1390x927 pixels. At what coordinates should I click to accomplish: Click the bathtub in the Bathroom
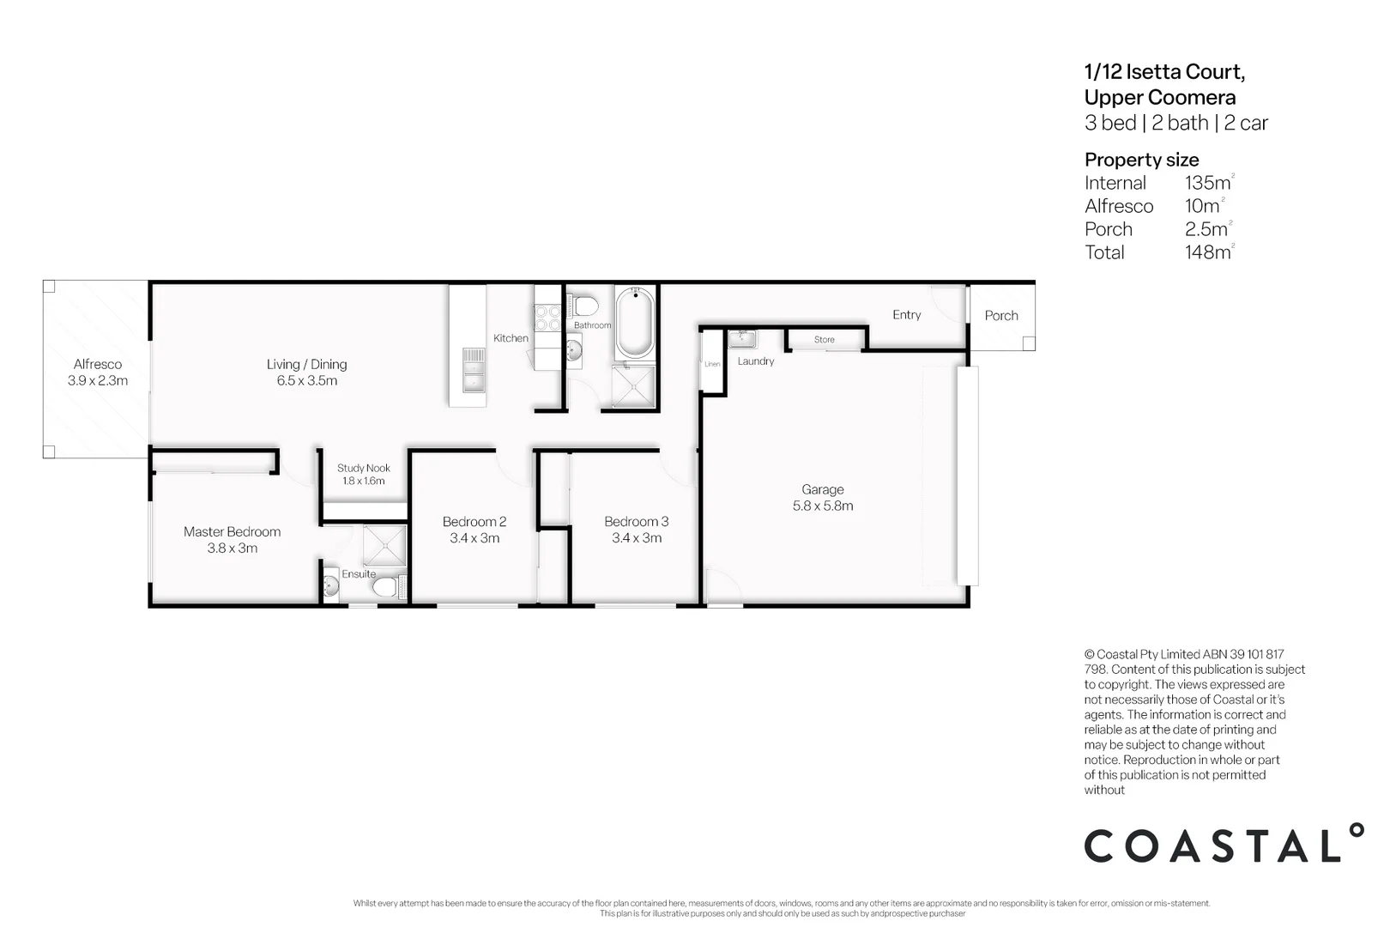(x=635, y=324)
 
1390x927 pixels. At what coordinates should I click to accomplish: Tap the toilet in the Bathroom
(x=585, y=305)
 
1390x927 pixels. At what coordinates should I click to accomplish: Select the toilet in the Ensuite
(x=385, y=587)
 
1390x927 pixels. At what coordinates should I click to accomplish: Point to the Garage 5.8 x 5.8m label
(x=822, y=498)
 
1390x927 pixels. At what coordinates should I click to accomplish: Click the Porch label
(x=1000, y=316)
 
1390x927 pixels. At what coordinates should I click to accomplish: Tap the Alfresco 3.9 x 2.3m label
(x=97, y=373)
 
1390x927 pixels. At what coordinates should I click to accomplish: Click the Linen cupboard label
(x=712, y=364)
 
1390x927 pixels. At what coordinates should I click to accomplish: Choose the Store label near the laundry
(x=824, y=340)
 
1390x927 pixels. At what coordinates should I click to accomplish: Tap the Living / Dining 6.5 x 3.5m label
(x=306, y=373)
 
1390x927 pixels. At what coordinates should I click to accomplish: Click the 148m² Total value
(x=1207, y=252)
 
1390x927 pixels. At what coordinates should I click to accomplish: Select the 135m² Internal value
(x=1207, y=183)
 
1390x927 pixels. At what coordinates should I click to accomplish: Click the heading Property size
(x=1141, y=160)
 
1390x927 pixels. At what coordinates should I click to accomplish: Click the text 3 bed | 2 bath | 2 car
(x=1175, y=123)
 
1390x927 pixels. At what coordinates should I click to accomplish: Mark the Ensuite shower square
(x=384, y=545)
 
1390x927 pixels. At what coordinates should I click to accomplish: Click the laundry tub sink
(x=741, y=338)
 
